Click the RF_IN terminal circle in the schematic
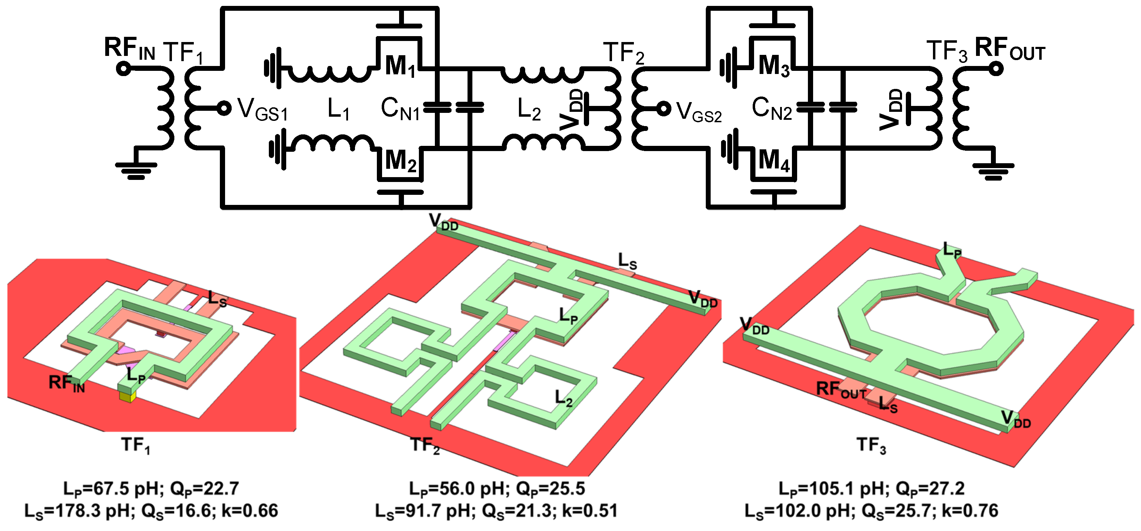click(124, 69)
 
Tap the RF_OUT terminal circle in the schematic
click(996, 69)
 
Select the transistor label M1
click(400, 66)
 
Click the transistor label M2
click(400, 161)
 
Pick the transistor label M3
click(774, 66)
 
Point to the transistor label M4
click(774, 161)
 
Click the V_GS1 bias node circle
click(225, 108)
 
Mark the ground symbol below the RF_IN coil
click(136, 170)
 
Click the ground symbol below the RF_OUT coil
click(993, 171)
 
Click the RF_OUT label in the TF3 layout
click(841, 390)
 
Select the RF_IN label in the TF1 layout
click(66, 383)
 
